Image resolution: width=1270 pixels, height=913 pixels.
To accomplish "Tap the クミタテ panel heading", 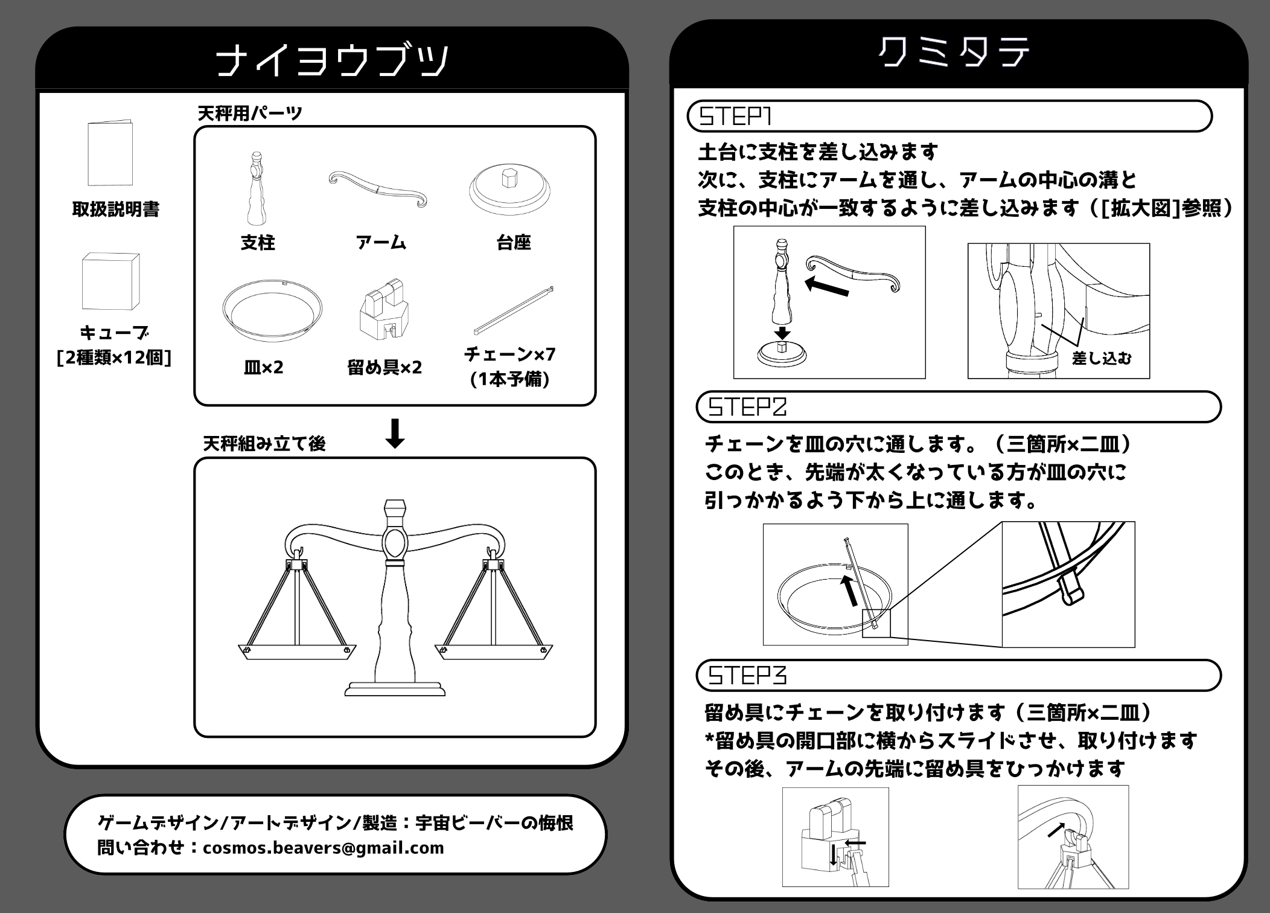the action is tap(954, 53).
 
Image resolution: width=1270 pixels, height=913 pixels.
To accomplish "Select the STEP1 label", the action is tap(735, 116).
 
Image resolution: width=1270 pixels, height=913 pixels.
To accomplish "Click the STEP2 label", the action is tap(747, 407).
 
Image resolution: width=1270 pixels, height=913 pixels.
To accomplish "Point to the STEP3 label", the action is tap(747, 675).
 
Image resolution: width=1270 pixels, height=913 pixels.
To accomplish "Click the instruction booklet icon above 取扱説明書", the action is tap(110, 153).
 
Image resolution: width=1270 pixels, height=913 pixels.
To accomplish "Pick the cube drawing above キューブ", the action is tap(110, 281).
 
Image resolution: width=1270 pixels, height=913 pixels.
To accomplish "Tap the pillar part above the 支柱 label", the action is tap(257, 188).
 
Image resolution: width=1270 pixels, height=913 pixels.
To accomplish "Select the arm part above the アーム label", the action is tap(378, 189).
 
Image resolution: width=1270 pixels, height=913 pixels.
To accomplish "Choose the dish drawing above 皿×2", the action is tap(272, 310).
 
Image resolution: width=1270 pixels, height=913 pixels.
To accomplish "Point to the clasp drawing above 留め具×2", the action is tap(385, 309).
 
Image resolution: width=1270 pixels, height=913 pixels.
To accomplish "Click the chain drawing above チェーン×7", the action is tap(514, 310).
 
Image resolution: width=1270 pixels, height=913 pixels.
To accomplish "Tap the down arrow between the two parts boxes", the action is tap(395, 434).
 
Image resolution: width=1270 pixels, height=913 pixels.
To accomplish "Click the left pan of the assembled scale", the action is tap(297, 652).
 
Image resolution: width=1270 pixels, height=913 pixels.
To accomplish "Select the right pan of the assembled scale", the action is tap(494, 652).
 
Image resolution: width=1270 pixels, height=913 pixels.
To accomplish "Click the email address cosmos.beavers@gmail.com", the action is tap(324, 848).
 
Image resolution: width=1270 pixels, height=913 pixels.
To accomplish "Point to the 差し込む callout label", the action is tap(1102, 358).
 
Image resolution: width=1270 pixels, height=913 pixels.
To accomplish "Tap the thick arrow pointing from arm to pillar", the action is tap(828, 286).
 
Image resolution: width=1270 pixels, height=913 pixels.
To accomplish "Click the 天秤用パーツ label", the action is tap(250, 113).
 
